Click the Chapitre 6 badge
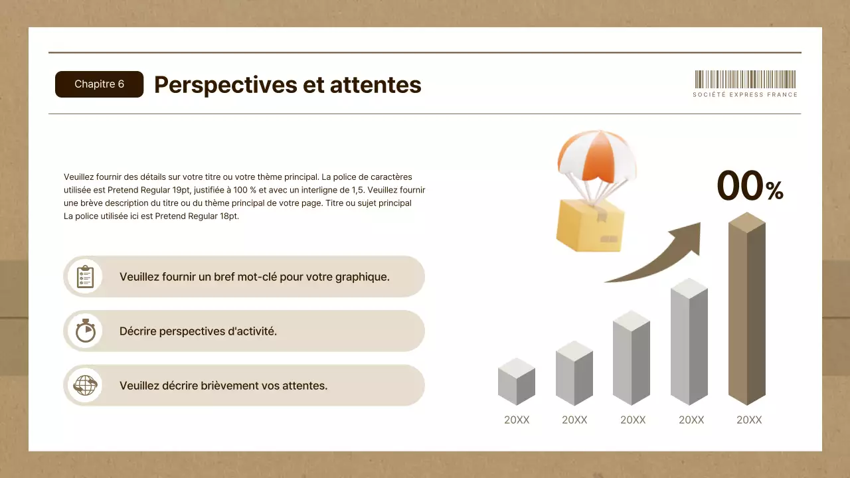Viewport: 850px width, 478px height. tap(99, 84)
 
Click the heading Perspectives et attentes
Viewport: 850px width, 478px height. tap(288, 85)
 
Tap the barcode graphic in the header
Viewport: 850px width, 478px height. tap(745, 79)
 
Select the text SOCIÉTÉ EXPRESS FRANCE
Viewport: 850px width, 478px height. tap(745, 95)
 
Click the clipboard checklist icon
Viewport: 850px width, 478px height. tap(85, 276)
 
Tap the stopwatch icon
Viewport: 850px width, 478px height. tap(85, 331)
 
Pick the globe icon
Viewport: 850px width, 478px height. tap(85, 385)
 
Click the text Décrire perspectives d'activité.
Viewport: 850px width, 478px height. tap(198, 331)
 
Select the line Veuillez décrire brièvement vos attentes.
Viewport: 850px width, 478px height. tap(223, 385)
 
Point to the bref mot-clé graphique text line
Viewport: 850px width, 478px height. tap(254, 276)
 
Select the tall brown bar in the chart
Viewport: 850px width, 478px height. tap(747, 312)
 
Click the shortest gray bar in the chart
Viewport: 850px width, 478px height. tap(516, 383)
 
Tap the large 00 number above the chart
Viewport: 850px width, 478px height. tap(740, 186)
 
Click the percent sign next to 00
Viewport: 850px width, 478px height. tap(774, 191)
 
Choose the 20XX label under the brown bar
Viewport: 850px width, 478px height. tap(749, 420)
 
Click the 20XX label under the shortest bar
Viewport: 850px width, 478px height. tap(517, 420)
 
